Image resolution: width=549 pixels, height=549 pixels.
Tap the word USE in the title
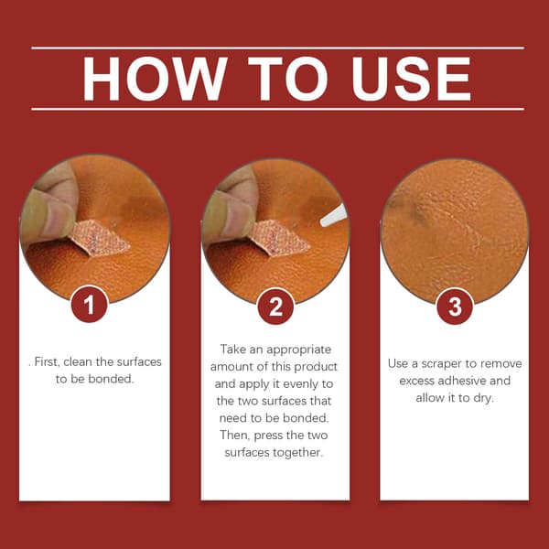point(411,79)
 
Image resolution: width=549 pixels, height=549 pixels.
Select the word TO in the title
point(288,79)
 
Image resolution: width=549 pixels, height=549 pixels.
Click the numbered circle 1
point(90,305)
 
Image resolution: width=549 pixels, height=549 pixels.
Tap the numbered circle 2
point(275,307)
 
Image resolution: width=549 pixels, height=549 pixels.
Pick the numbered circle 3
point(455,307)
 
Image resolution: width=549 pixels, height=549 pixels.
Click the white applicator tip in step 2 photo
point(334,215)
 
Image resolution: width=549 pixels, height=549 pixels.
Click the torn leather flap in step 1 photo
point(101,239)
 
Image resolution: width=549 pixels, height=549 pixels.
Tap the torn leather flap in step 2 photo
point(280,239)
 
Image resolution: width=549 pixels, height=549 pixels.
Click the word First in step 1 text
point(44,361)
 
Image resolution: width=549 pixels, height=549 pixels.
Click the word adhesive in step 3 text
point(462,381)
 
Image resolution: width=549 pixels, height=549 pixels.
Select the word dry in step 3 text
point(483,398)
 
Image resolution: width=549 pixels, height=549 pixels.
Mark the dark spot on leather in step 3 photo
point(416,214)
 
